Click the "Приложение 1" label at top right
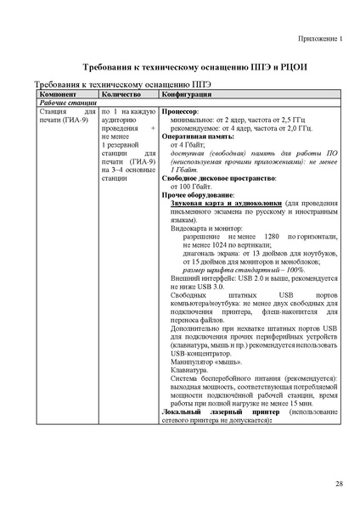(319, 38)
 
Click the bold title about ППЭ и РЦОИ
(179, 66)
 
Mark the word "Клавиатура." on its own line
(189, 369)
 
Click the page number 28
(338, 483)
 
